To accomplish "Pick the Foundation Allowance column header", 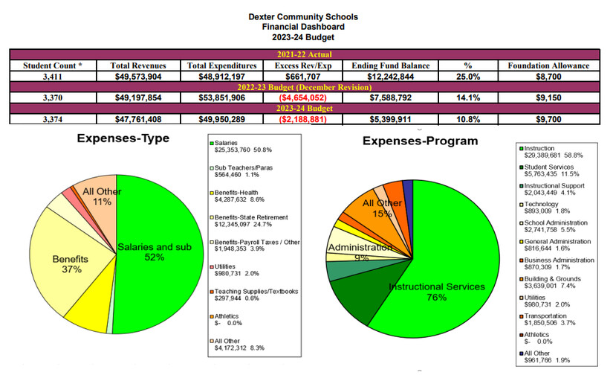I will tap(548, 65).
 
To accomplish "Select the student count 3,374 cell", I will tap(52, 118).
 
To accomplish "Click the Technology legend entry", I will tap(542, 208).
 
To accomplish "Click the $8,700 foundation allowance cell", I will tap(548, 76).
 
